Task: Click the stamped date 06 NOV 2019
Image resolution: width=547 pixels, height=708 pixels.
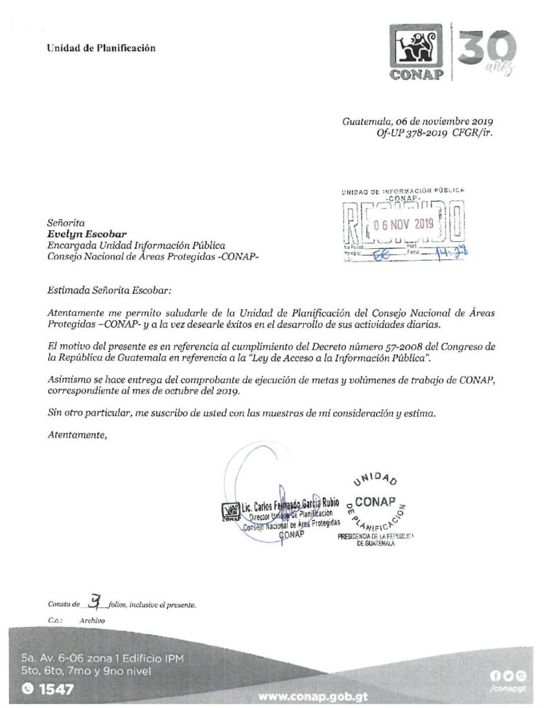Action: [401, 223]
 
